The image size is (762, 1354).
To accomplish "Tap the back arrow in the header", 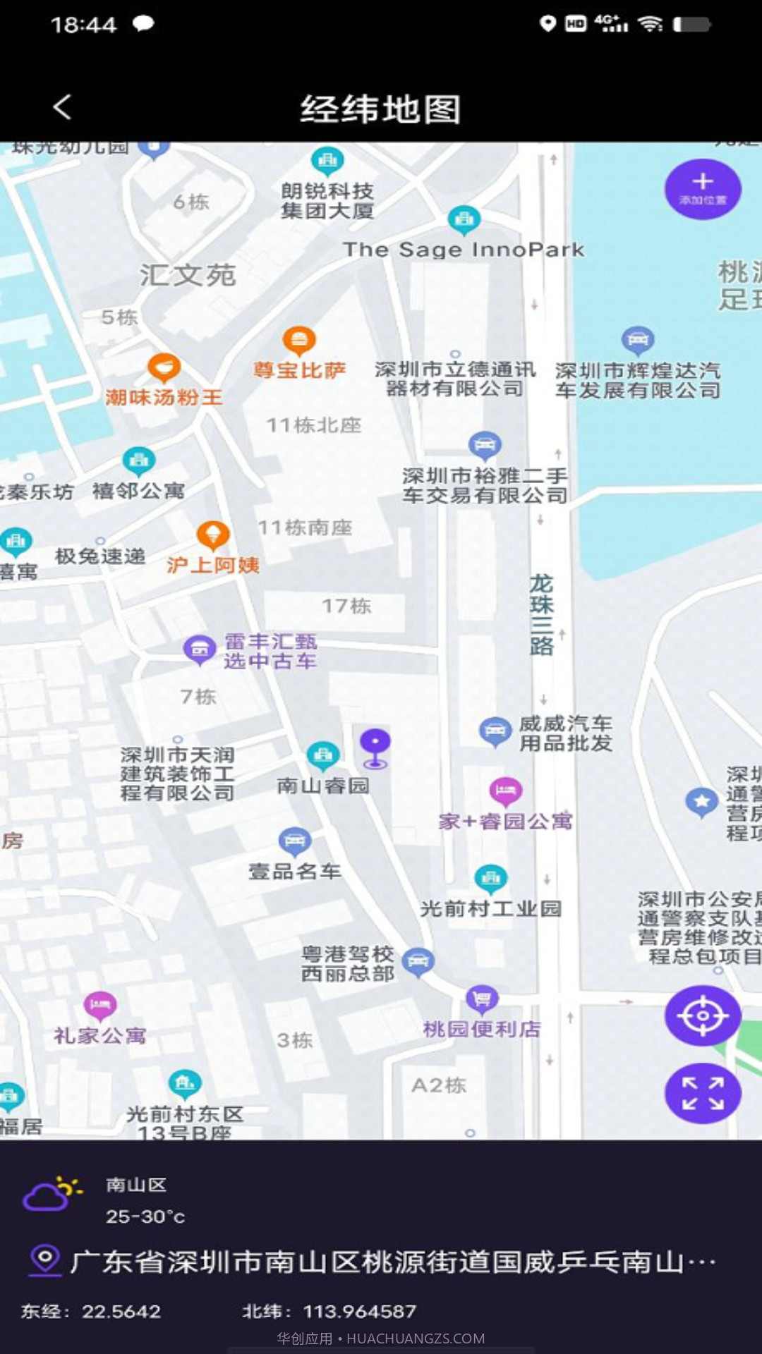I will point(62,108).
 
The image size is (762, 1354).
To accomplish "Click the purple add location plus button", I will point(702,188).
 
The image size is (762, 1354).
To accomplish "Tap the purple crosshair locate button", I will point(702,1015).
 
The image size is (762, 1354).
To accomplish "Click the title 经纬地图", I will point(380,109).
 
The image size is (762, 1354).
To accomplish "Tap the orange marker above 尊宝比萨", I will point(299,341).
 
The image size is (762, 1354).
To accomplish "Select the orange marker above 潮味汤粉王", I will point(164,367).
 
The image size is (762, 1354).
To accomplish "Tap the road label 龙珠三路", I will point(541,614).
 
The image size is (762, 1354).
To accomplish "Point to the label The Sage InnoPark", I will point(463,250).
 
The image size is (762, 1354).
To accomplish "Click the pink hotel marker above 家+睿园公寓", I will point(505,791).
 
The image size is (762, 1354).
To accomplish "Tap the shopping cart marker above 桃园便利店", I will point(482,999).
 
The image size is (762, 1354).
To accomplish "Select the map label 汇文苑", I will point(188,275).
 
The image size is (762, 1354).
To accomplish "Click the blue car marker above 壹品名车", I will point(295,841).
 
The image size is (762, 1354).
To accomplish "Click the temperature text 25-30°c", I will point(145,1216).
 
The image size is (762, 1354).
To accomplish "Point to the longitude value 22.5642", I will point(121,1311).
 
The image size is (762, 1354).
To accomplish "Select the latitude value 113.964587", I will point(359,1311).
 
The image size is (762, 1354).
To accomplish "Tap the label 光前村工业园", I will point(490,908).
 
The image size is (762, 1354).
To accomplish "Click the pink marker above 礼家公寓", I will point(100,1005).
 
